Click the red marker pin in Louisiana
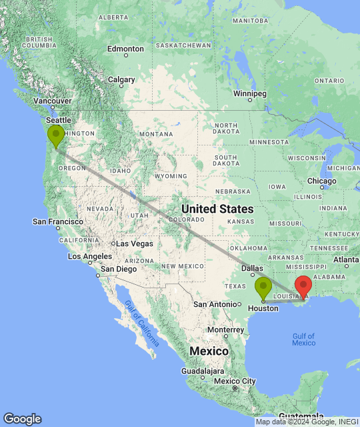pos(303,286)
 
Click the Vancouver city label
pos(47,101)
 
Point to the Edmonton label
pos(125,49)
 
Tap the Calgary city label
pos(121,79)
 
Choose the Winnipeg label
pos(251,93)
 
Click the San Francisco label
pos(58,222)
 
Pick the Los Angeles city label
pos(89,256)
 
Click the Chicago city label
pos(322,181)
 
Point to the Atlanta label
pos(346,260)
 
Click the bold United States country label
pos(217,209)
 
